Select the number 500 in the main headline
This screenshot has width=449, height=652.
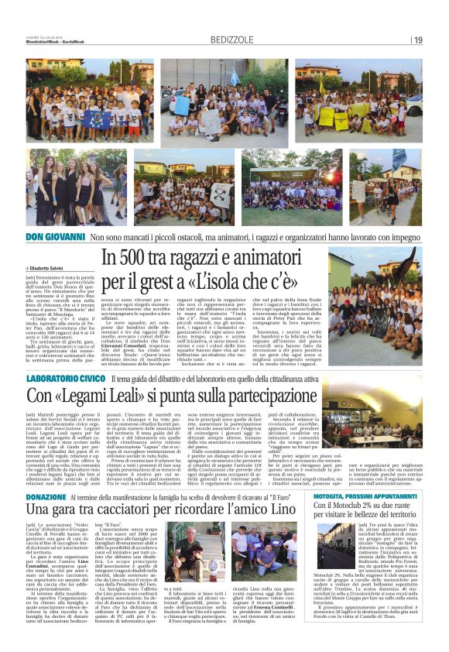tap(143, 256)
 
